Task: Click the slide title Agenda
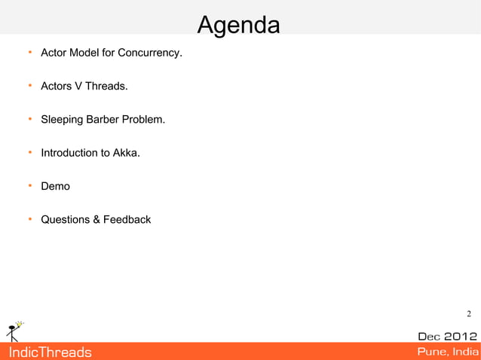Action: (238, 25)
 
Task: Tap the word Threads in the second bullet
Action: (106, 87)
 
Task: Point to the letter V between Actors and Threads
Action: (78, 87)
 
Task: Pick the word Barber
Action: (103, 120)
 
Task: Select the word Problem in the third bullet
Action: (144, 120)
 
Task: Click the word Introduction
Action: (69, 153)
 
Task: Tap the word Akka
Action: (126, 153)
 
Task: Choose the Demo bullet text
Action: (55, 186)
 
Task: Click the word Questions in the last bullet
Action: (65, 219)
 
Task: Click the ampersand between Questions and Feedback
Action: (97, 219)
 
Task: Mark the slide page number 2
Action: (468, 314)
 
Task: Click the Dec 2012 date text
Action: (447, 336)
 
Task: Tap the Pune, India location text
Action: (447, 352)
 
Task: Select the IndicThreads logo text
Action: (49, 352)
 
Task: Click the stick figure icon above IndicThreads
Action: (14, 331)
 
